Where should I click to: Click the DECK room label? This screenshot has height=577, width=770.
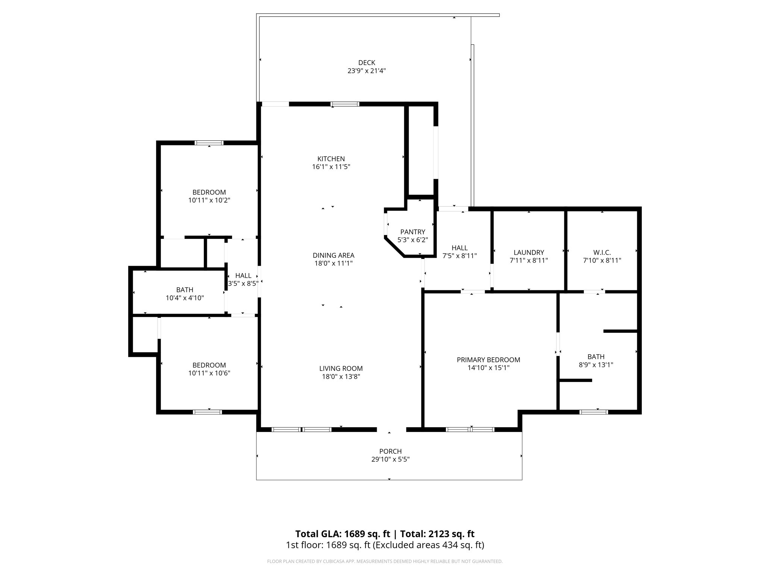[367, 63]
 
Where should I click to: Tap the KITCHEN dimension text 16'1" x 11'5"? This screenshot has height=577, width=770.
[331, 167]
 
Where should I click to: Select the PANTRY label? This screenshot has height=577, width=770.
[412, 232]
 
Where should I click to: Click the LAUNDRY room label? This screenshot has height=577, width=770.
[529, 252]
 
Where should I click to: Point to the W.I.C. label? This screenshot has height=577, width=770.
[602, 252]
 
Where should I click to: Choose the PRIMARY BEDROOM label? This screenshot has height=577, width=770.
[488, 360]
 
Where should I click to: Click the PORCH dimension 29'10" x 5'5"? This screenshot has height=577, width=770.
[390, 459]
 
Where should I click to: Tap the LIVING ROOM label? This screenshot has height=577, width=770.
[341, 369]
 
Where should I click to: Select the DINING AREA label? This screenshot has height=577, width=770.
[333, 255]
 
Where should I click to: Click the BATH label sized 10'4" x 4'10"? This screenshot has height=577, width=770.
[185, 290]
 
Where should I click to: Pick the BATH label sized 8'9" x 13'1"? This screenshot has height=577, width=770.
[596, 357]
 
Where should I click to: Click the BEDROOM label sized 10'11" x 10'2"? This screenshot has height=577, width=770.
[209, 192]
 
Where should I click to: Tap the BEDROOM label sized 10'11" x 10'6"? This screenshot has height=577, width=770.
[209, 365]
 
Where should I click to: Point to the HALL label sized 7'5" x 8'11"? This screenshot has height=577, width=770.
[459, 248]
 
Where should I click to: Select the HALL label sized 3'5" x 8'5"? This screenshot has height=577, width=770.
[243, 276]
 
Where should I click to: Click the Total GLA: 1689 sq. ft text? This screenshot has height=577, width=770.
[343, 534]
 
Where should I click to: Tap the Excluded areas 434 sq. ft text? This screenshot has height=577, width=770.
[428, 545]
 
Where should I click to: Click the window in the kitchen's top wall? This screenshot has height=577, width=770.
[345, 104]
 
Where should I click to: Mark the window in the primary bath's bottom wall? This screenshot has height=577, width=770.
[593, 412]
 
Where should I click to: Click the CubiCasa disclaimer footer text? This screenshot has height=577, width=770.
[385, 562]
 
